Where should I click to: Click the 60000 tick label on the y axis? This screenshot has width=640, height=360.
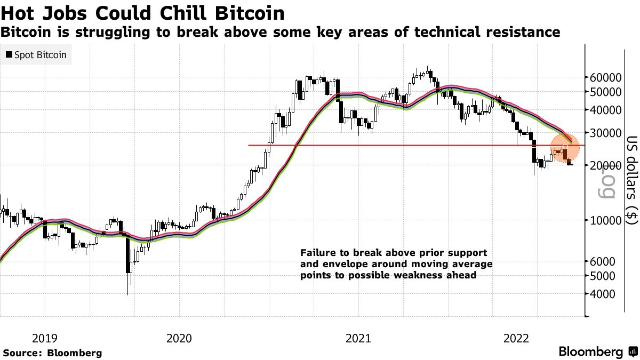point(607,77)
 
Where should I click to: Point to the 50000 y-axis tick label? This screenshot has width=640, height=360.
point(607,92)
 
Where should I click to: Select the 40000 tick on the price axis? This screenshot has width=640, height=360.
point(607,110)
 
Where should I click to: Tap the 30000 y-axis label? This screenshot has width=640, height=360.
point(607,133)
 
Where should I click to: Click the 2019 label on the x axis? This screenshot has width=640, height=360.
point(45,338)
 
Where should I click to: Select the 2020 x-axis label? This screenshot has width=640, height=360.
point(179,338)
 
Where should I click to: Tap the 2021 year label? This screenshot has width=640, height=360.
point(358,338)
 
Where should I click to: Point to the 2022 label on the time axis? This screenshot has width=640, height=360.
point(516,338)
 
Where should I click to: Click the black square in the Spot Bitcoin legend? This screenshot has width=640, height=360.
point(9,54)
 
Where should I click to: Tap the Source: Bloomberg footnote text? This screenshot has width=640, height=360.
point(52,353)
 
